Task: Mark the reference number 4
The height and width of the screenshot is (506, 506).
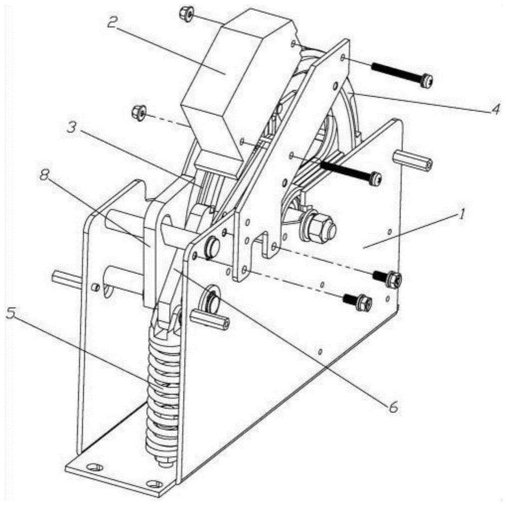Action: pyautogui.click(x=495, y=109)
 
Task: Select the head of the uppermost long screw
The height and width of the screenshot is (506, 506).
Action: pyautogui.click(x=427, y=80)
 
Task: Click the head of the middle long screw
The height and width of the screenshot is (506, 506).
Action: pyautogui.click(x=375, y=178)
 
